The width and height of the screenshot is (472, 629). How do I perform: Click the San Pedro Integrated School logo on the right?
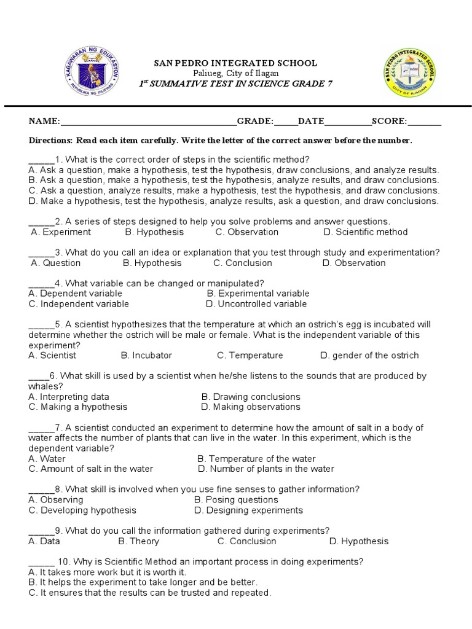click(x=409, y=73)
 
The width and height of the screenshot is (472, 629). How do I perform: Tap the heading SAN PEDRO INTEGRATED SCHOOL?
click(x=235, y=63)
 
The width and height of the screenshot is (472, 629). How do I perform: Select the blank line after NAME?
click(x=148, y=122)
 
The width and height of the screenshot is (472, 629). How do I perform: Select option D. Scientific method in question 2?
click(x=365, y=232)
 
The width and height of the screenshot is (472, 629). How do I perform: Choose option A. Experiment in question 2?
click(x=61, y=232)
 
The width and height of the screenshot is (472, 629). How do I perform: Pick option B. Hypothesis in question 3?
click(x=152, y=263)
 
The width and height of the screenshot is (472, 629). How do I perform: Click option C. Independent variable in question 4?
click(x=79, y=303)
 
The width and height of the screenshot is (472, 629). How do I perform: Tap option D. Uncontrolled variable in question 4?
click(x=256, y=303)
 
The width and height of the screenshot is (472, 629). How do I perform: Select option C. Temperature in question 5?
click(x=250, y=355)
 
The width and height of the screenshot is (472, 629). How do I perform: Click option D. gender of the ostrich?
click(x=369, y=355)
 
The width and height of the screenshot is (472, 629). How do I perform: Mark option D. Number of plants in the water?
click(x=266, y=469)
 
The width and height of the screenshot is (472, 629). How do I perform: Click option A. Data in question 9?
click(x=44, y=541)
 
